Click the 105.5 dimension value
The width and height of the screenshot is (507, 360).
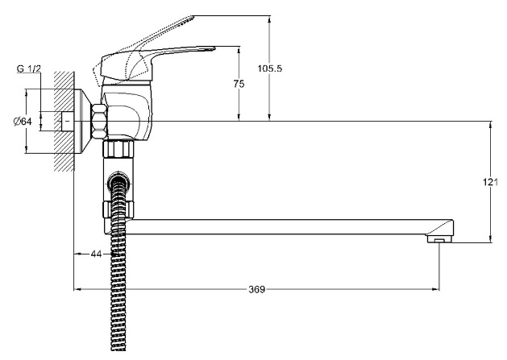270,68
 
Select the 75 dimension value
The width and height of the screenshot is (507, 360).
239,84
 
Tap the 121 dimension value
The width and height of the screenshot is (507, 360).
491,182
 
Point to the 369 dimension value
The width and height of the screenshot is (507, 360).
257,290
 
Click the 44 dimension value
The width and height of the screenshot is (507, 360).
96,254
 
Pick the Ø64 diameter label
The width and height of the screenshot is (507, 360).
23,122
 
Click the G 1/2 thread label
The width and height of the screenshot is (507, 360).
29,68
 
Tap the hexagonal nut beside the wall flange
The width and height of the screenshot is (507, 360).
99,122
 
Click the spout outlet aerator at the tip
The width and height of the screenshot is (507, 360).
439,239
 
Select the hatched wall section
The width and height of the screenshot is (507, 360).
64,121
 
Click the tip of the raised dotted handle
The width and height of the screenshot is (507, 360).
193,16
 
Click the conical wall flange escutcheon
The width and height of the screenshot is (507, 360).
83,122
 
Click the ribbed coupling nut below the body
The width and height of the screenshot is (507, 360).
118,149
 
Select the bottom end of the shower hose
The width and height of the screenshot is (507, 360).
118,350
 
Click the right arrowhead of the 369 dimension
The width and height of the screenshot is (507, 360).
437,289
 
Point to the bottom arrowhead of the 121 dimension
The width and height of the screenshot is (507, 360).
491,239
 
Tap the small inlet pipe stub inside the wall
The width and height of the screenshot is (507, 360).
67,122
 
